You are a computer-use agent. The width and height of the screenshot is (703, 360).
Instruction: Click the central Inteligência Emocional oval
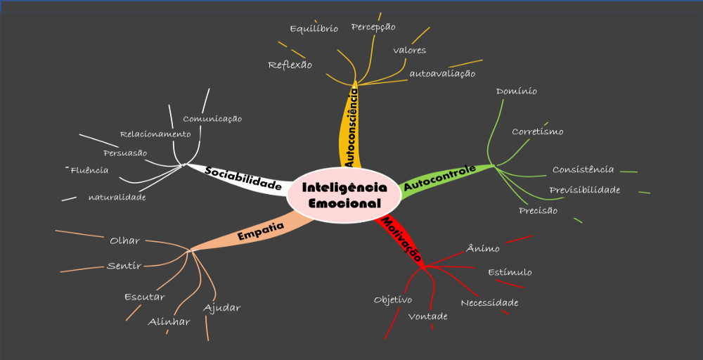(344, 195)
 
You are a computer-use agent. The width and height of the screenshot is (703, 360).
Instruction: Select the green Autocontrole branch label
(440, 178)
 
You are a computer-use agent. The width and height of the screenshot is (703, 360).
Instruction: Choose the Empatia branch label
(260, 231)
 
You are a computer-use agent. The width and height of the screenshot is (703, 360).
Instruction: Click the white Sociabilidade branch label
(243, 179)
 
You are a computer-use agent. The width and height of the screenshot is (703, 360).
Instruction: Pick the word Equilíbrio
(314, 29)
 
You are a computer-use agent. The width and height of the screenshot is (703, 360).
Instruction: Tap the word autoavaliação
(442, 73)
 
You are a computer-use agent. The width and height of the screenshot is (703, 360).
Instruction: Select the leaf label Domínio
(517, 91)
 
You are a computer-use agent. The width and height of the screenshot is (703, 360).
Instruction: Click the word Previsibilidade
(585, 190)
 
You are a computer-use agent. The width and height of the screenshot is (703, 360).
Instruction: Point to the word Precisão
(538, 210)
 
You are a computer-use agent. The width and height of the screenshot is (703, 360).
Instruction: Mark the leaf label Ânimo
(483, 248)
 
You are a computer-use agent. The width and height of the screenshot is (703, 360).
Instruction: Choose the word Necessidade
(489, 303)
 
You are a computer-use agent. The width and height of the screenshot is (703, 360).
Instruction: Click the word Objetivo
(393, 300)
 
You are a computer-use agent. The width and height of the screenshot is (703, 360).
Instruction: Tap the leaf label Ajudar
(222, 308)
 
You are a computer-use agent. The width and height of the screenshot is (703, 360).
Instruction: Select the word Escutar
(145, 297)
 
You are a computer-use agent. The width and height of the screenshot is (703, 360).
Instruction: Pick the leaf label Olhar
(125, 240)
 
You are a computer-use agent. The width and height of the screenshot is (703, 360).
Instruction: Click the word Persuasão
(125, 153)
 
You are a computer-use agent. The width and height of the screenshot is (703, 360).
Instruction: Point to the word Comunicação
(212, 119)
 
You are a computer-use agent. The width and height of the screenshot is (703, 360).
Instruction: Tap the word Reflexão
(290, 65)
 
